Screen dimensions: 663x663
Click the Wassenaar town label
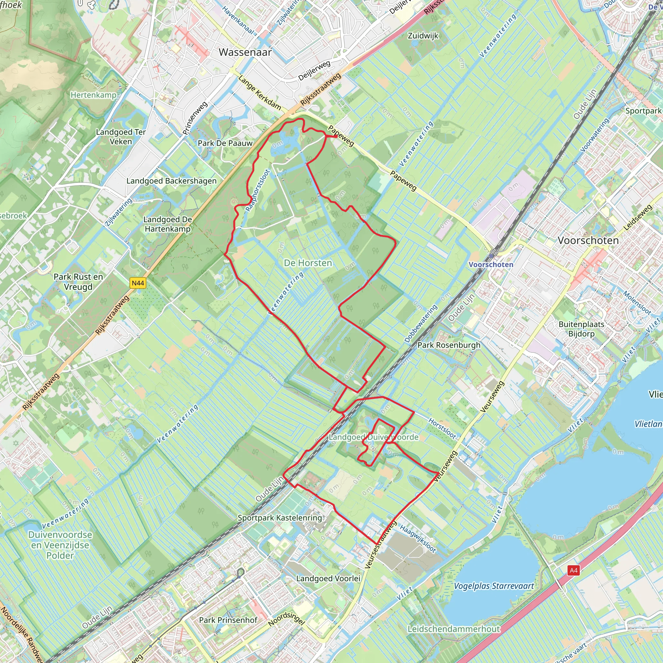tap(245, 52)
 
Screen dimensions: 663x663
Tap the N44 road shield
tap(138, 283)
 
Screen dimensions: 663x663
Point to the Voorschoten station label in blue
tap(491, 264)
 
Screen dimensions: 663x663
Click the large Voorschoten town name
tap(588, 241)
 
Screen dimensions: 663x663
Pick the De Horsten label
tap(308, 263)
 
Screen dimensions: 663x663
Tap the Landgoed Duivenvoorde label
tap(373, 437)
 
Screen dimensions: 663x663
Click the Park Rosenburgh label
tap(449, 345)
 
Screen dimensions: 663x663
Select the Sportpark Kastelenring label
tap(280, 518)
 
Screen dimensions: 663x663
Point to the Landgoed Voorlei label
tap(328, 579)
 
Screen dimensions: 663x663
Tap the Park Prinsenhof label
tap(228, 620)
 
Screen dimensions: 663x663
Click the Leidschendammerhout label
tap(454, 629)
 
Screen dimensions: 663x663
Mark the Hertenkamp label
tap(93, 95)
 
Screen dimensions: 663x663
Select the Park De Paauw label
tap(225, 143)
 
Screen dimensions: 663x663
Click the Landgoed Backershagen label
tap(172, 181)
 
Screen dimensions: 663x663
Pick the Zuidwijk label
tap(423, 36)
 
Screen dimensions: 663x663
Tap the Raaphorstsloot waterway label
tap(258, 190)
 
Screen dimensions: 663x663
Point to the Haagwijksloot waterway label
tap(418, 539)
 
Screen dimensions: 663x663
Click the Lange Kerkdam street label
tap(260, 93)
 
